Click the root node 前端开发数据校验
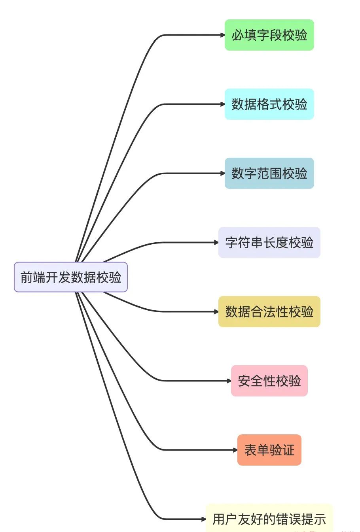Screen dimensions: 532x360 pyautogui.click(x=70, y=277)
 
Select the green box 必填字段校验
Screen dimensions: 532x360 pyautogui.click(x=269, y=35)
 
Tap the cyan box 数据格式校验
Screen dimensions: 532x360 pyautogui.click(x=269, y=104)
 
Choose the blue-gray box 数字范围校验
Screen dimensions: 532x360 pyautogui.click(x=269, y=174)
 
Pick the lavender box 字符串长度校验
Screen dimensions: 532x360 pyautogui.click(x=269, y=243)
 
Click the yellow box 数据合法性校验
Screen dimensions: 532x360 pyautogui.click(x=269, y=312)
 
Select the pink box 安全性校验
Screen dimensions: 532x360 pyautogui.click(x=269, y=381)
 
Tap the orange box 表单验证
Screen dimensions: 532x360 pyautogui.click(x=269, y=450)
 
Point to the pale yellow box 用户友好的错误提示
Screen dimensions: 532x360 pyautogui.click(x=269, y=519)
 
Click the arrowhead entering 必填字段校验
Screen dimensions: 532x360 pyautogui.click(x=223, y=35)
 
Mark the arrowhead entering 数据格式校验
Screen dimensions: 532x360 pyautogui.click(x=223, y=104)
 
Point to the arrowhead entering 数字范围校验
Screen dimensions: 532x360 pyautogui.click(x=223, y=174)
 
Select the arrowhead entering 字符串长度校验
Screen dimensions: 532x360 pyautogui.click(x=216, y=243)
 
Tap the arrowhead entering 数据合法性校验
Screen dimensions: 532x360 pyautogui.click(x=216, y=312)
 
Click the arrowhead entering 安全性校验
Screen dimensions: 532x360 pyautogui.click(x=229, y=381)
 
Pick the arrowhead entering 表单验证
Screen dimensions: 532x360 pyautogui.click(x=235, y=450)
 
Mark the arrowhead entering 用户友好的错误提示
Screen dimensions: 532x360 pyautogui.click(x=204, y=519)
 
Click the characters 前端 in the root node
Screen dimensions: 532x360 pyautogui.click(x=33, y=277)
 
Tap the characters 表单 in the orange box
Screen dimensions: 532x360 pyautogui.click(x=256, y=450)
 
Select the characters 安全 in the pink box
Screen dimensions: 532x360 pyautogui.click(x=250, y=381)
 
